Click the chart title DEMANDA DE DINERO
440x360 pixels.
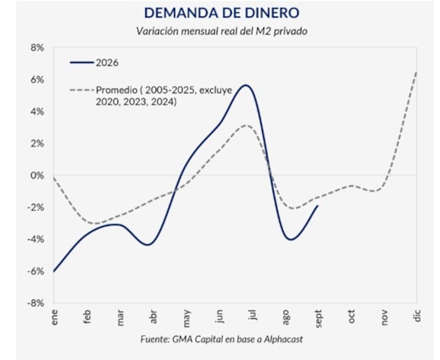click(x=222, y=13)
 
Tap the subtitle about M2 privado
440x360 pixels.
click(x=222, y=31)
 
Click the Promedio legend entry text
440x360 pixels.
click(x=164, y=96)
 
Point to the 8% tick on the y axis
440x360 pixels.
click(x=37, y=48)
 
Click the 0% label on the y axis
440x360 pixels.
click(x=37, y=176)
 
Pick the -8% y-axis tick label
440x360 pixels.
click(x=36, y=303)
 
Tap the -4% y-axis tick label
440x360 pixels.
click(x=36, y=239)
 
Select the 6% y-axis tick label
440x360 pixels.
click(x=37, y=80)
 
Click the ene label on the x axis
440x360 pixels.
click(x=54, y=317)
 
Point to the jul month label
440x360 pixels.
click(x=252, y=315)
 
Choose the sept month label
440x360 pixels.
click(x=318, y=319)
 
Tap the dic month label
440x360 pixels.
click(x=417, y=315)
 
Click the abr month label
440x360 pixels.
click(x=153, y=317)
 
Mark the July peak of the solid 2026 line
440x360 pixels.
click(x=246, y=85)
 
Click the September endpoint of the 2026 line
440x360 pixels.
click(x=318, y=205)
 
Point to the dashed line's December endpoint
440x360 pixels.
click(x=416, y=72)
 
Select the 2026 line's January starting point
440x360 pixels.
click(x=53, y=271)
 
